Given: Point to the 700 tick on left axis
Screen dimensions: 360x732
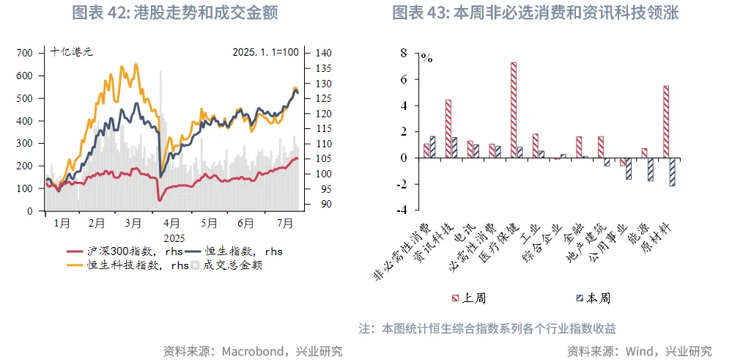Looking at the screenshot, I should [x=24, y=53].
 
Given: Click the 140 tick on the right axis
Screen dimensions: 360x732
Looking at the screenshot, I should [x=323, y=53].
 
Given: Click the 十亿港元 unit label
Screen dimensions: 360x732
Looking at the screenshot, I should [x=71, y=53].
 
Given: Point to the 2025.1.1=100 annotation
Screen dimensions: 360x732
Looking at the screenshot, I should [x=265, y=53].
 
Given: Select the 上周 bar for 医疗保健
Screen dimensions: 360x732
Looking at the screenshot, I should [x=514, y=110].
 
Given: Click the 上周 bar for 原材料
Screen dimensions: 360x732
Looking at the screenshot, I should [x=666, y=122].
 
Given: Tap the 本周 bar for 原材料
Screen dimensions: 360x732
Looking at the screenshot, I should [x=673, y=172].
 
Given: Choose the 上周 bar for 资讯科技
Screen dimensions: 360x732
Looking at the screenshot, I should [x=448, y=128].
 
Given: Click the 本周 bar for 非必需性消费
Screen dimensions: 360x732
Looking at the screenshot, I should [x=433, y=147].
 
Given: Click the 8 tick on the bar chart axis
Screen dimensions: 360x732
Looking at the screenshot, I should [x=402, y=53].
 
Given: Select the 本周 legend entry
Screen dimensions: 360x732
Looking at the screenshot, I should [x=594, y=298].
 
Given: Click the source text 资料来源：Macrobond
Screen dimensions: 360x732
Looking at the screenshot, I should [x=252, y=351].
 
